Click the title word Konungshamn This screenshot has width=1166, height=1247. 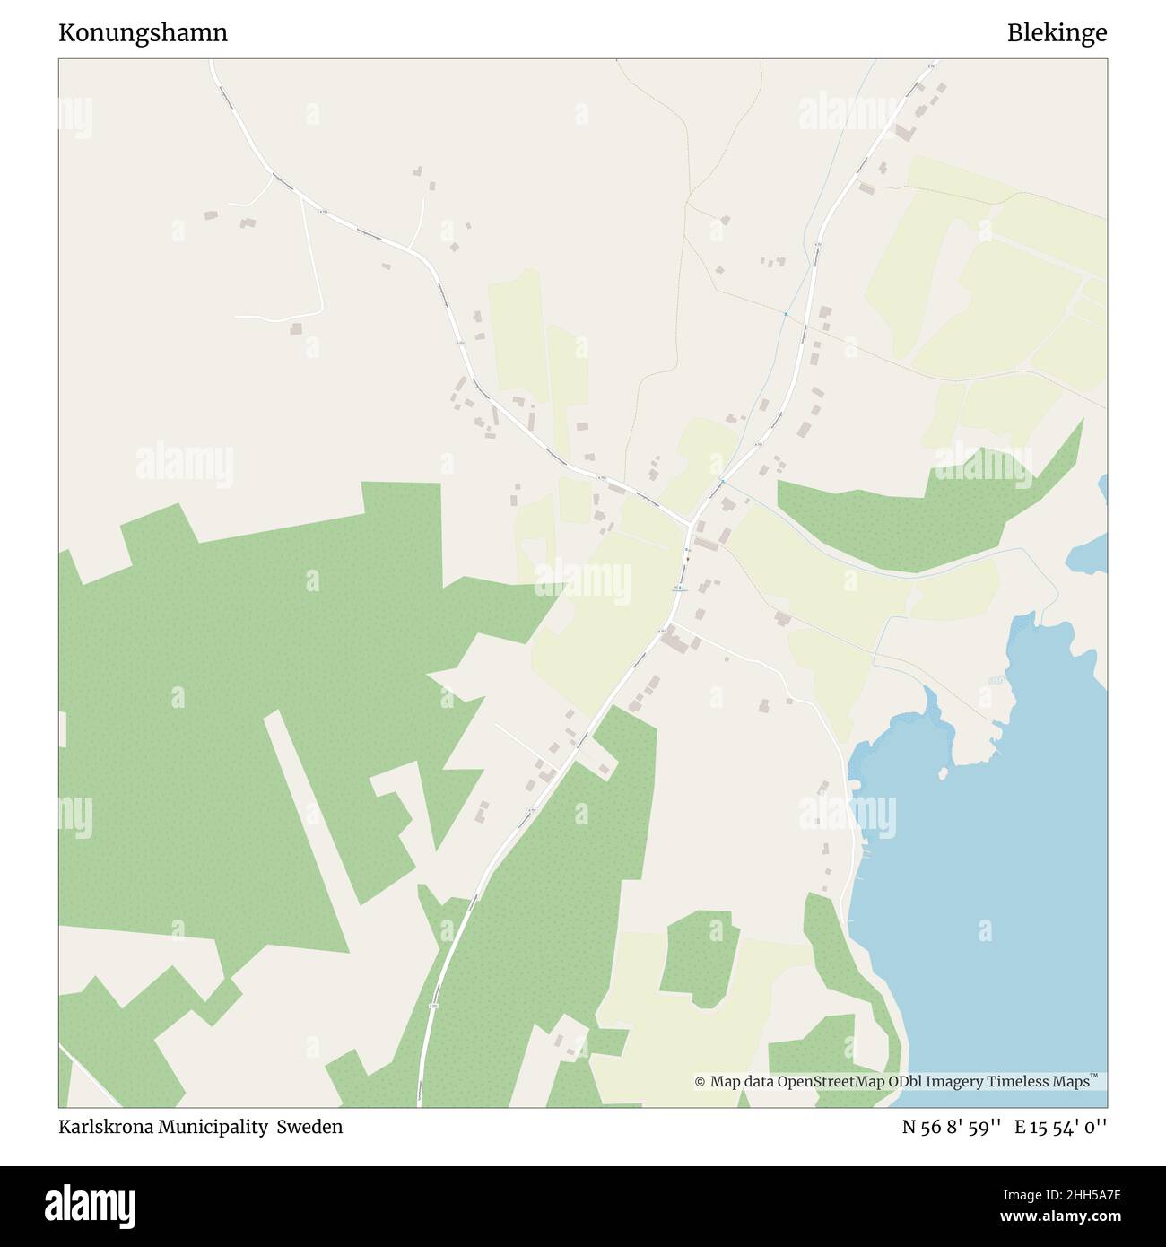coord(143,33)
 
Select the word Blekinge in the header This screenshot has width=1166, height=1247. coord(1057,33)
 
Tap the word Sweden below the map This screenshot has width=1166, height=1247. coord(309,1127)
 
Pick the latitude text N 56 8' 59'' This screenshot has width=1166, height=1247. coord(951,1127)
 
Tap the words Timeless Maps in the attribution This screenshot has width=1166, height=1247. coord(1041,1082)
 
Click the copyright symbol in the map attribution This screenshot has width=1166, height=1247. coord(700,1083)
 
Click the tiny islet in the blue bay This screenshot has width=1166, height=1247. coord(943,772)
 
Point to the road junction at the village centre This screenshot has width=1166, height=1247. coord(692,525)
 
